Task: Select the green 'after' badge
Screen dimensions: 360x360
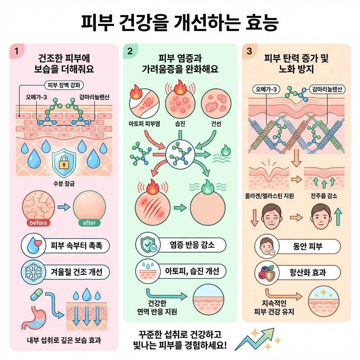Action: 89,223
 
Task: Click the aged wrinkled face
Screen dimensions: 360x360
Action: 272,218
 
